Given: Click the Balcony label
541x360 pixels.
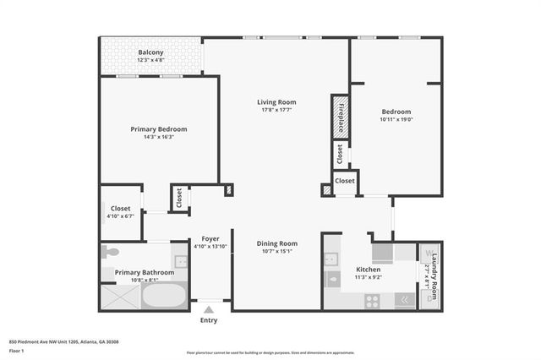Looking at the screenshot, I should pos(151,52).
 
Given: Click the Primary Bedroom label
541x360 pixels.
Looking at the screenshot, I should pos(158,129).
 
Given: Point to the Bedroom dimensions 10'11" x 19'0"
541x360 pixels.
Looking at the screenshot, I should pos(396,120).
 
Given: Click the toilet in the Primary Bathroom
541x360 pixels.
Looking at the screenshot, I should pos(109,252).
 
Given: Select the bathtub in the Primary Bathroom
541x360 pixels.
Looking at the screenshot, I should pos(164,296).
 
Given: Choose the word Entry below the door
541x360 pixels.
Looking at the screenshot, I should pos(208,320).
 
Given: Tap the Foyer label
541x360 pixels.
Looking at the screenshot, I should pos(210,239).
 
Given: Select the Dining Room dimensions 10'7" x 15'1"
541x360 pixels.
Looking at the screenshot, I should pos(277,251).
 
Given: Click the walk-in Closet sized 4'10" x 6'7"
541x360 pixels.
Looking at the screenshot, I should pos(120,211).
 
